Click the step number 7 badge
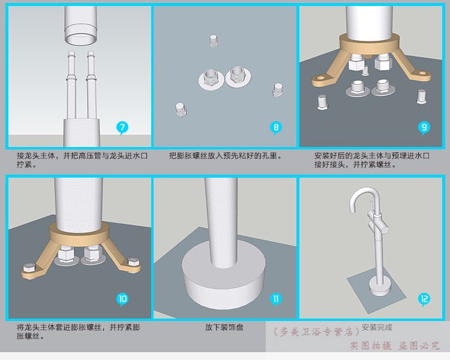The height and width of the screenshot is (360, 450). [x=122, y=127]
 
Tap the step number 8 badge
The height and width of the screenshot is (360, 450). [x=276, y=127]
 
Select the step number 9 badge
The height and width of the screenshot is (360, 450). [x=424, y=127]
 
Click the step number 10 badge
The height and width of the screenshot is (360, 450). [x=122, y=299]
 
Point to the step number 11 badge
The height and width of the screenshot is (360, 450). [x=276, y=299]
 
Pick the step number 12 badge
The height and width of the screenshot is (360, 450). [x=424, y=299]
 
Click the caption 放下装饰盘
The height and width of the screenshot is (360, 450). [x=224, y=327]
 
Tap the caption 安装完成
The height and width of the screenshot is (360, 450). [x=377, y=327]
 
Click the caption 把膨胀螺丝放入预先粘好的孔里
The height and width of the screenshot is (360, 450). [x=225, y=156]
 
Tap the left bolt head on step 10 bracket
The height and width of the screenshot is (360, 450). [x=29, y=267]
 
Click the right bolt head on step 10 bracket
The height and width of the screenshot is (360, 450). [x=133, y=262]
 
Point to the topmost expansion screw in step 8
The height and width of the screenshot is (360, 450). [x=213, y=41]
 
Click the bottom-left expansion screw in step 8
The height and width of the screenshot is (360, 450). [x=181, y=109]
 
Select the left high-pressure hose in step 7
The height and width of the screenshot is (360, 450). [x=71, y=85]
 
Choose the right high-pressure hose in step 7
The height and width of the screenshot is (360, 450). [x=91, y=85]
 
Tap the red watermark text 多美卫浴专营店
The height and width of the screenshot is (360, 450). [x=316, y=332]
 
